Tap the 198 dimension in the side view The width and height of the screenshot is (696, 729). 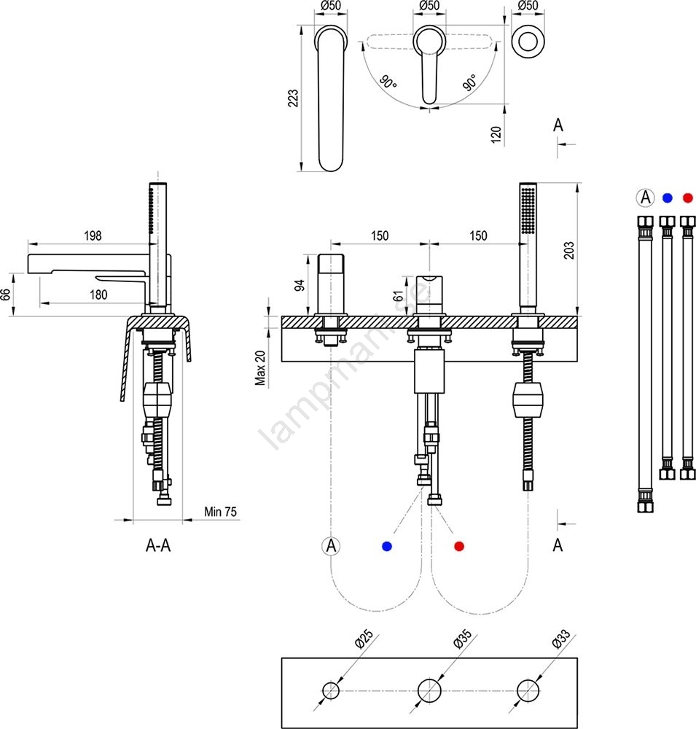coord(93,235)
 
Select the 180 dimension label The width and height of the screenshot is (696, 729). coord(98,295)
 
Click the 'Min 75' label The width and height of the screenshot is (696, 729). coord(221,512)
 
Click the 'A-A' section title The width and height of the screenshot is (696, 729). coord(158,545)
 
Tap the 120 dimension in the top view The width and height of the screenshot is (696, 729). coord(496,135)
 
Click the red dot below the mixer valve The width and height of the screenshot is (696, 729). coord(458,546)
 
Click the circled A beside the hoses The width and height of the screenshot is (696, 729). coord(644,198)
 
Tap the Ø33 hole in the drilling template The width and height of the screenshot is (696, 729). coord(528,690)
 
